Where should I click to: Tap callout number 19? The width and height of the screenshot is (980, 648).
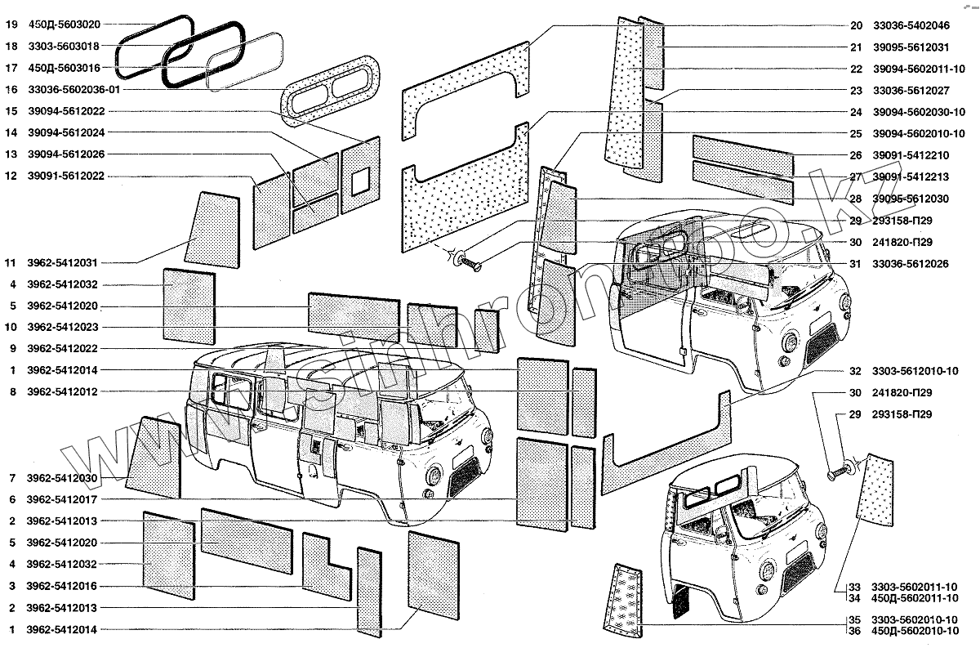pyautogui.click(x=11, y=25)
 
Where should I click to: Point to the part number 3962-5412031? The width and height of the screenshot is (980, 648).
pyautogui.click(x=62, y=263)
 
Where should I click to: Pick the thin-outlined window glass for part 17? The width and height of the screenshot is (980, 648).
pyautogui.click(x=243, y=61)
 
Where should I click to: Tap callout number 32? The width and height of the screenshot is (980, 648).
pyautogui.click(x=855, y=371)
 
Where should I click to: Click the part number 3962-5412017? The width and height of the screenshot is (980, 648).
pyautogui.click(x=62, y=499)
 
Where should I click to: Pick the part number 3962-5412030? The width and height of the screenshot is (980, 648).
pyautogui.click(x=62, y=477)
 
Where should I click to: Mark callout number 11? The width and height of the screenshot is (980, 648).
pyautogui.click(x=11, y=263)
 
